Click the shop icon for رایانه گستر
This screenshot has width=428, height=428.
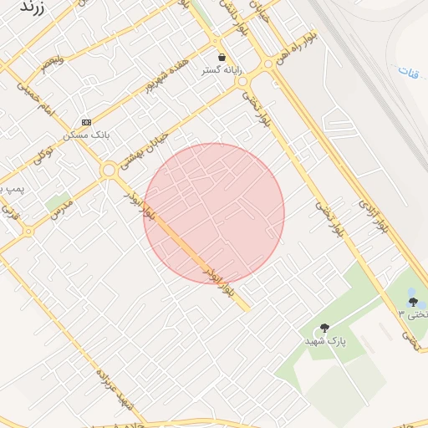coord(222,57)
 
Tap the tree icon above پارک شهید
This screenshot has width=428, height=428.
coord(324,328)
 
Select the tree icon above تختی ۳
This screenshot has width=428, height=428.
coord(412,302)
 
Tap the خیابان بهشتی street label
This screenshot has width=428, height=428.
coord(150,143)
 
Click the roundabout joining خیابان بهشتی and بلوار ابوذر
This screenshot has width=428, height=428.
coord(109,171)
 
